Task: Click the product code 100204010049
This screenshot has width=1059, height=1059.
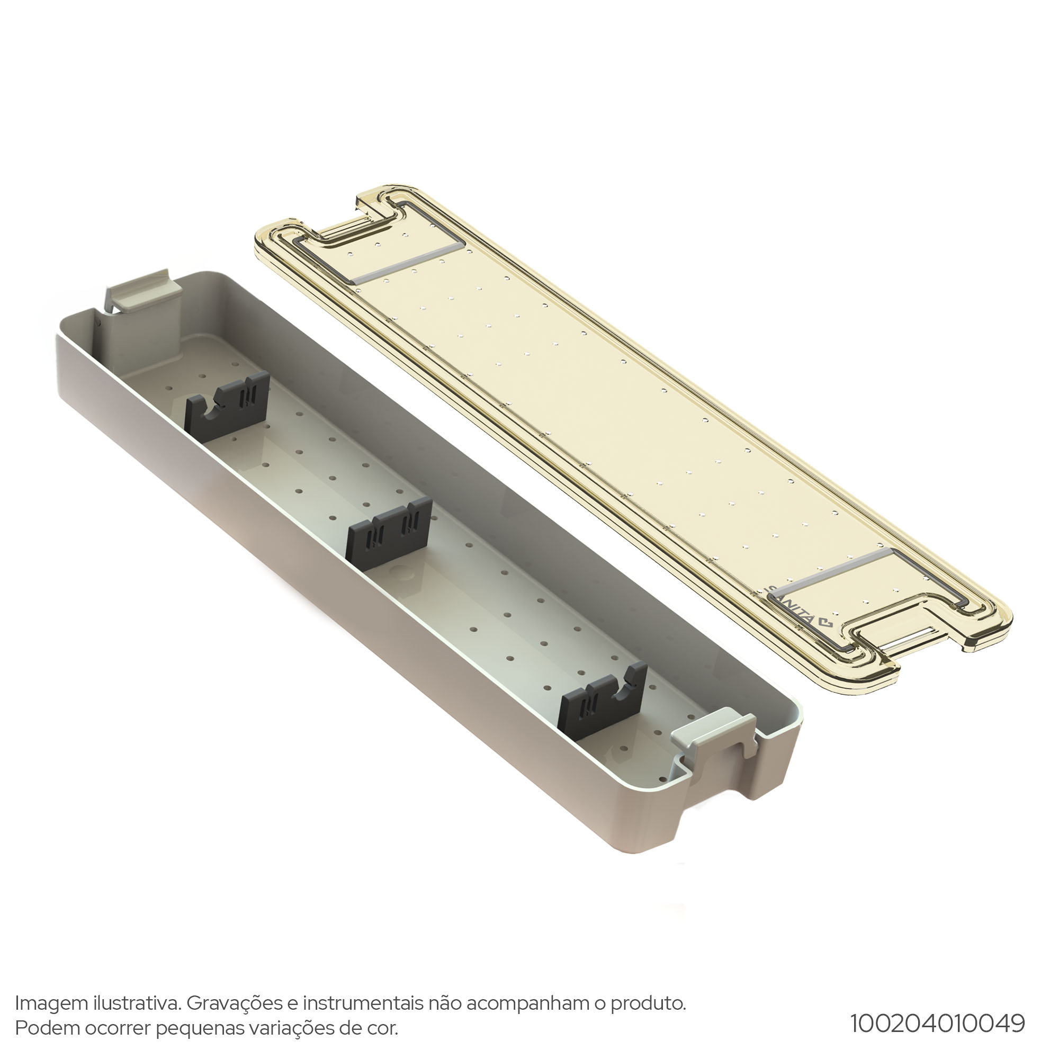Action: click(937, 1023)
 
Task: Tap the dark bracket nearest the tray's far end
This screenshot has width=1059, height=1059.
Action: click(227, 406)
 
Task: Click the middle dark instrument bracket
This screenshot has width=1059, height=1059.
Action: click(390, 531)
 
